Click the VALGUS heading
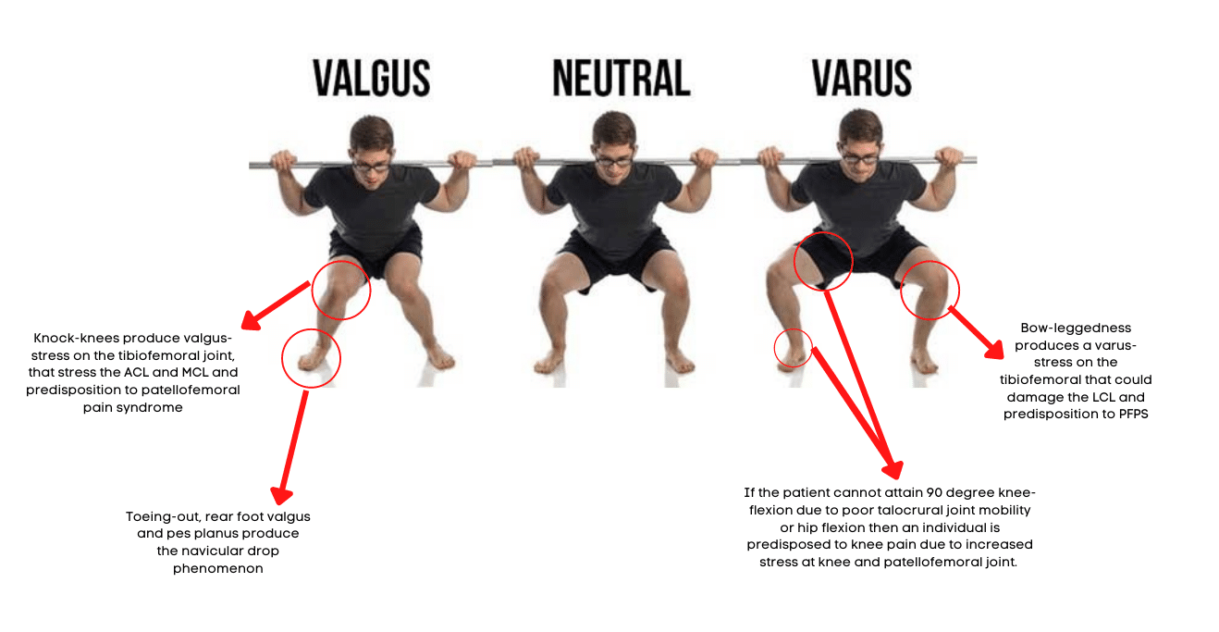(x=372, y=79)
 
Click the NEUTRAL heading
(x=622, y=79)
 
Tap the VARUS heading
(x=862, y=79)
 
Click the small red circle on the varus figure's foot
(x=774, y=348)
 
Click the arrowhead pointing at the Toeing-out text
(x=281, y=495)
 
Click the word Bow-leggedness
(x=1076, y=328)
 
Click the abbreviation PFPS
(x=1133, y=415)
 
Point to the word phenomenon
(x=217, y=569)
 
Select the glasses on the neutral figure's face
(x=614, y=161)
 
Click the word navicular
(x=217, y=551)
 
